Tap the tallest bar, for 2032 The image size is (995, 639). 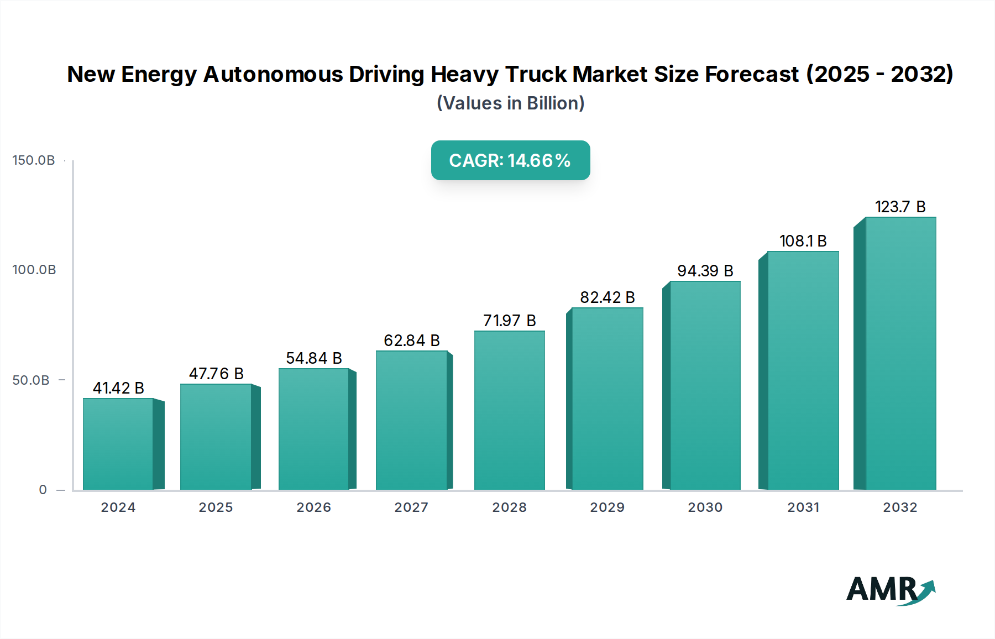900,354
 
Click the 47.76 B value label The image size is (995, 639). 216,374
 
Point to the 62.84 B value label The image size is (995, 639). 412,341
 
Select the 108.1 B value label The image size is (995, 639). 803,241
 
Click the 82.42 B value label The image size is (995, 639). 607,297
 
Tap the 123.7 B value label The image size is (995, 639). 900,207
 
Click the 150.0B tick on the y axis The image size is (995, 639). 34,160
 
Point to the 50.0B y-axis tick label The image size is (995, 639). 31,380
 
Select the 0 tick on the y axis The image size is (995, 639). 43,490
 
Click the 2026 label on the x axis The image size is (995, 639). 313,507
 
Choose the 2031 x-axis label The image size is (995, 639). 803,507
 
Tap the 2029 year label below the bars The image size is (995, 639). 607,507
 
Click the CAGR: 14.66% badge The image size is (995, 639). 510,160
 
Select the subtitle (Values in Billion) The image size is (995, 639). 510,103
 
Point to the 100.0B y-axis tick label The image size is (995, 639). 34,270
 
